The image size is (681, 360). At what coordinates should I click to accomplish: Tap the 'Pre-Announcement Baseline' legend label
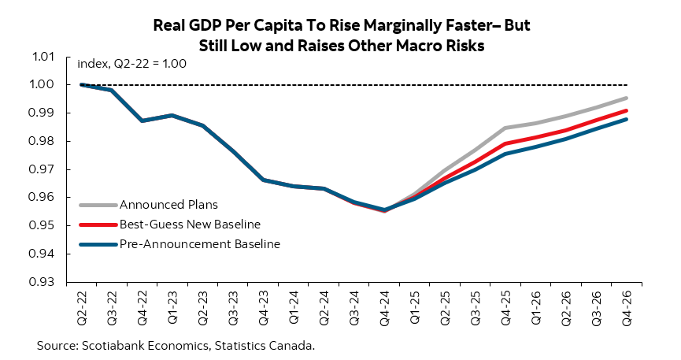pos(200,244)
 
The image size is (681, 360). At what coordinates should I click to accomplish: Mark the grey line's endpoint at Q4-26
pos(627,98)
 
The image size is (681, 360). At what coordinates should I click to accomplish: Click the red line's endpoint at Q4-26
pos(627,110)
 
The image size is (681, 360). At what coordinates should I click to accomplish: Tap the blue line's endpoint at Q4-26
pos(627,119)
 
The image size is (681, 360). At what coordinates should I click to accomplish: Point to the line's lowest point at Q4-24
pos(384,210)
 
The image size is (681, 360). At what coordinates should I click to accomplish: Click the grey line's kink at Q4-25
pos(505,128)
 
